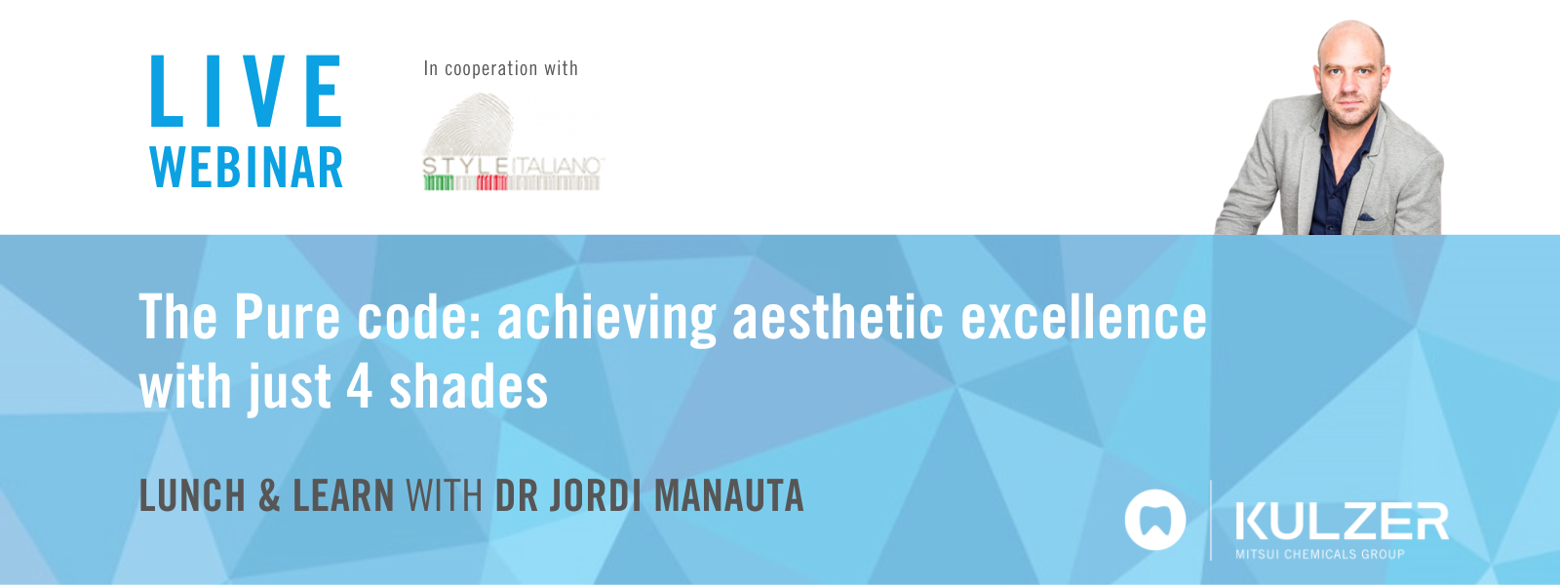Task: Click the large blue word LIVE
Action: [x=246, y=93]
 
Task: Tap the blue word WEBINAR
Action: [x=247, y=168]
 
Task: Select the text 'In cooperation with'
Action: [x=500, y=68]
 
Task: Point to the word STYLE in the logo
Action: [x=465, y=167]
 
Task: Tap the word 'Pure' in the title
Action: [x=288, y=318]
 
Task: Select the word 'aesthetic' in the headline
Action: [x=838, y=318]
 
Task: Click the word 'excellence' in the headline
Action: [x=1083, y=318]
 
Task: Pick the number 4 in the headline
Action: [x=360, y=386]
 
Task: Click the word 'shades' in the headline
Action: [x=468, y=386]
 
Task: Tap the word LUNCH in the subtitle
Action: [x=192, y=495]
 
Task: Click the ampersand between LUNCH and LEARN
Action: [x=269, y=495]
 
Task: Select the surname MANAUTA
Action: [x=728, y=495]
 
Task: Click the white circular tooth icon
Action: [x=1155, y=520]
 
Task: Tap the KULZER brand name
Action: [x=1342, y=522]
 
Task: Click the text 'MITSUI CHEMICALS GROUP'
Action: [x=1320, y=554]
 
